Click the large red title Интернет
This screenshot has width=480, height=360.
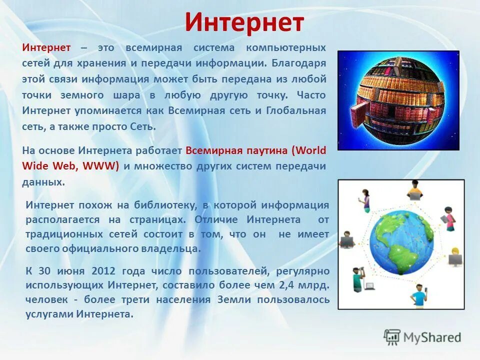(x=244, y=22)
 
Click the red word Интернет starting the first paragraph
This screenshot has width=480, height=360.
(x=46, y=47)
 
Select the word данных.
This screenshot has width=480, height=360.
(x=43, y=182)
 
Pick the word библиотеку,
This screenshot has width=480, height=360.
(x=165, y=205)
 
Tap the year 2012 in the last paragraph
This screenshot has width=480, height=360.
(x=103, y=271)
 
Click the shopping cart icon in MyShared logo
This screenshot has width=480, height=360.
(x=392, y=337)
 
